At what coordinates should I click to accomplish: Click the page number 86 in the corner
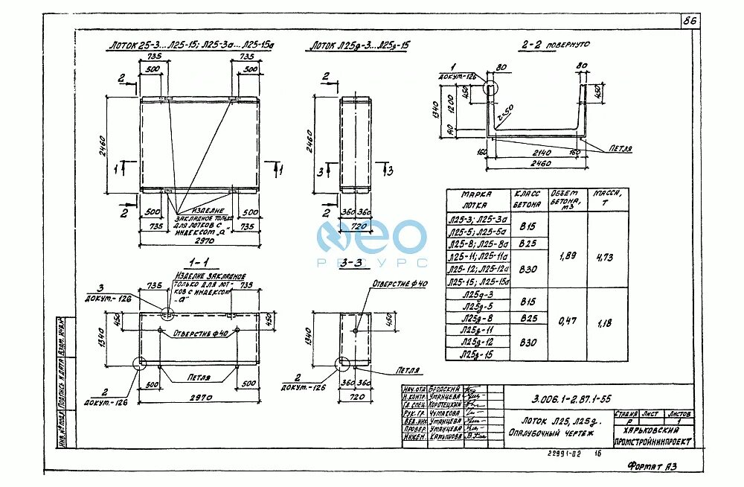690,21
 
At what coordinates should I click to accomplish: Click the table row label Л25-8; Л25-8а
478,243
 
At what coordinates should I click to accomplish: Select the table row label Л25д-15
476,355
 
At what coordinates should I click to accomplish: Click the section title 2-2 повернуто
555,45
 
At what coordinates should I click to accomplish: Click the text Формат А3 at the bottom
652,466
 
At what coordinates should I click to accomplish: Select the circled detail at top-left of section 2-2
490,86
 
